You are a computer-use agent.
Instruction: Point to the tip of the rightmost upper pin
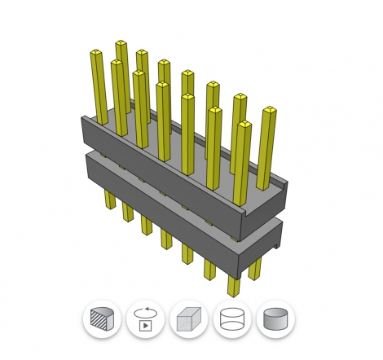tap(267, 110)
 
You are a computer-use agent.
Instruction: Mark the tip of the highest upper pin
tap(121, 42)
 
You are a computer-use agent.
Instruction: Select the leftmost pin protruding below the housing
tap(109, 200)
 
